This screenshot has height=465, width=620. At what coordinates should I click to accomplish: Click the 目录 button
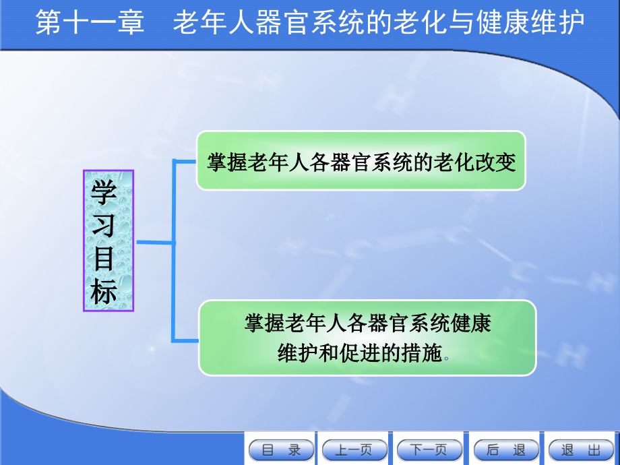(281, 450)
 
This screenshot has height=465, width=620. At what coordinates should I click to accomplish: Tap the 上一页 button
(355, 450)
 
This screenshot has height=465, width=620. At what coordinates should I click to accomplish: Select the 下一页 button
(429, 450)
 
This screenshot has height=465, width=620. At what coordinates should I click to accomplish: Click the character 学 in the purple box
(104, 192)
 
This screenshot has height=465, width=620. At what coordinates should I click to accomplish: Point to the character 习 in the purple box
(104, 225)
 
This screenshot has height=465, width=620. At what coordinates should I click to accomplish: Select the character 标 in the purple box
(104, 292)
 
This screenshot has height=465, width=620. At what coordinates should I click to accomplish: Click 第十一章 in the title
(90, 24)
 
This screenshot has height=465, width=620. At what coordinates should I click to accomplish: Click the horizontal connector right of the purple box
(154, 242)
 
